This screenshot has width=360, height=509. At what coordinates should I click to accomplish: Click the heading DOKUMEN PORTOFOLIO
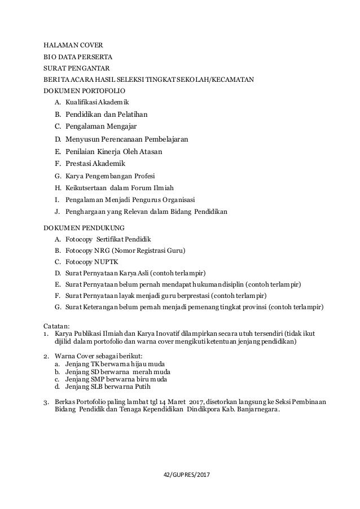(85, 90)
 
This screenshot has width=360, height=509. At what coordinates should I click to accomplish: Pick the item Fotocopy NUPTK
(85, 262)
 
